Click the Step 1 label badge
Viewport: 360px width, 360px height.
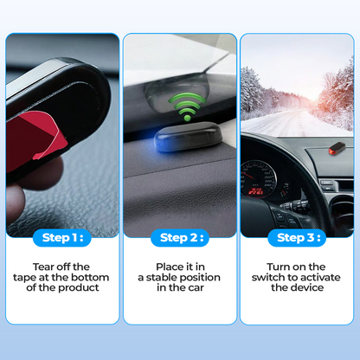(62, 236)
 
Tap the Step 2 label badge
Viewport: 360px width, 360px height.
(179, 236)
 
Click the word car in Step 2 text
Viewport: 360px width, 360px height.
(197, 288)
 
